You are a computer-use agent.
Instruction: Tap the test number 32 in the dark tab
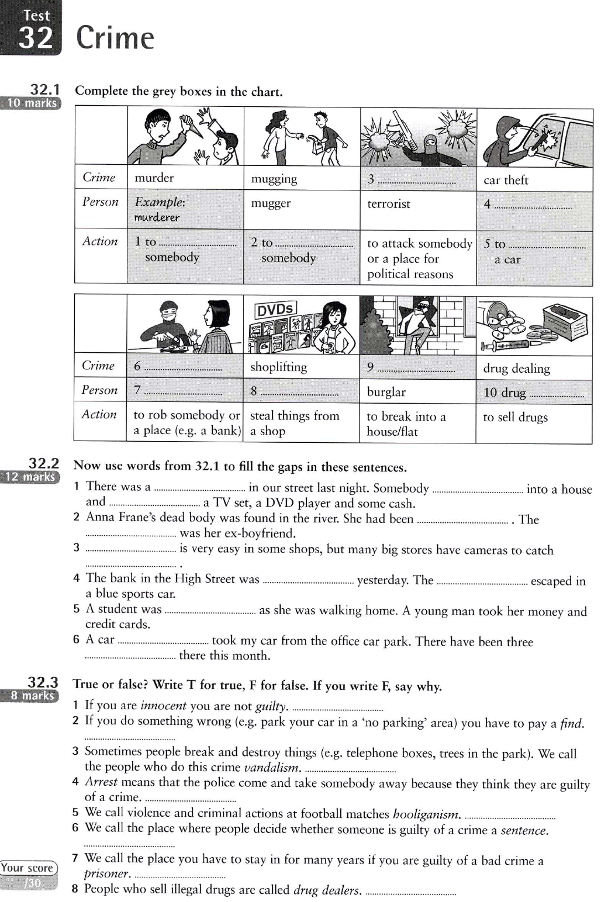[x=36, y=38]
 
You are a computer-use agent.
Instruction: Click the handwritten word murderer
[x=157, y=217]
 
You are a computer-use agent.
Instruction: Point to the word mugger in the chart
[x=271, y=203]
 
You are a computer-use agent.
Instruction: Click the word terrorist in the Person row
[x=389, y=204]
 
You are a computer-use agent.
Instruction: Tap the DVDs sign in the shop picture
[x=275, y=310]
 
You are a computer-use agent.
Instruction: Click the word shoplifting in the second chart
[x=278, y=367]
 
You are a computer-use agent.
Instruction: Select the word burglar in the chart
[x=386, y=392]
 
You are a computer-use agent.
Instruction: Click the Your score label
[x=27, y=868]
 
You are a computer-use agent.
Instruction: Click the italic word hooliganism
[x=426, y=813]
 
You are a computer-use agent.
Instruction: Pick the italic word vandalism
[x=272, y=767]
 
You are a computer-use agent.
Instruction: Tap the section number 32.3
[x=43, y=682]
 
